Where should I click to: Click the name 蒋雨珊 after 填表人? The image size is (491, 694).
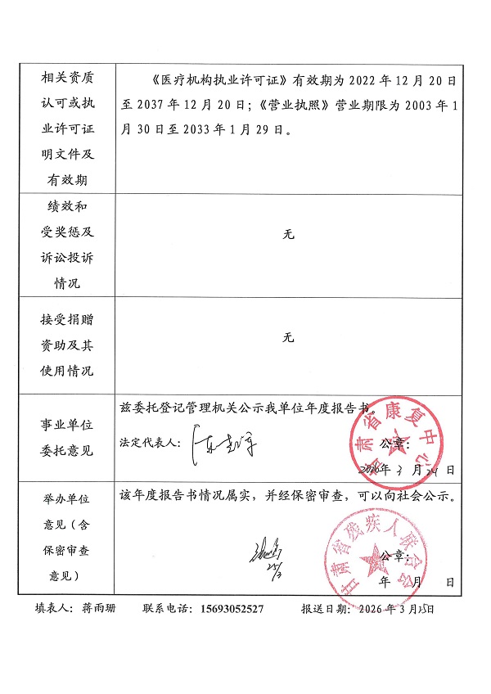pyautogui.click(x=100, y=609)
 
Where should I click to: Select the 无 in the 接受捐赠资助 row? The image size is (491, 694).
pyautogui.click(x=287, y=337)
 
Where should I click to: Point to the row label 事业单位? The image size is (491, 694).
pyautogui.click(x=67, y=426)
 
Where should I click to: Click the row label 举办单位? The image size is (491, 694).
pyautogui.click(x=67, y=498)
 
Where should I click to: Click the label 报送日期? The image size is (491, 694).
pyautogui.click(x=326, y=609)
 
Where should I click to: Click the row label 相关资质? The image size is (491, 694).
pyautogui.click(x=67, y=78)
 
